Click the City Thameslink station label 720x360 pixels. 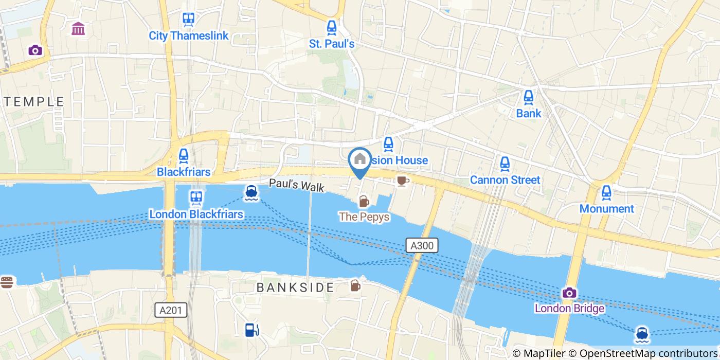point(188,36)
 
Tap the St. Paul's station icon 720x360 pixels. point(332,27)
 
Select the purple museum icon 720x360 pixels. point(79,29)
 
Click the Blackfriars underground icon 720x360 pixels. point(184,155)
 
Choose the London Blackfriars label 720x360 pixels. point(196,213)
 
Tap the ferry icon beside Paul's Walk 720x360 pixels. point(251,192)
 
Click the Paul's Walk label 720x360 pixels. point(297,185)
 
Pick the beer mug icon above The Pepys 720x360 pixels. point(364,201)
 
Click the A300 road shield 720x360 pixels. point(422,246)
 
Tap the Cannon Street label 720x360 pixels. point(505,180)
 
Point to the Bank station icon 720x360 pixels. point(528,97)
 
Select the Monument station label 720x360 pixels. point(606,209)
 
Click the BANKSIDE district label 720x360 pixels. point(295,287)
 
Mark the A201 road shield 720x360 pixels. point(171,310)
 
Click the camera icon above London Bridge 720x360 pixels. point(569,293)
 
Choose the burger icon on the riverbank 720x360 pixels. point(6,282)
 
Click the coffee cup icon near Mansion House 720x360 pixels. point(402,181)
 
